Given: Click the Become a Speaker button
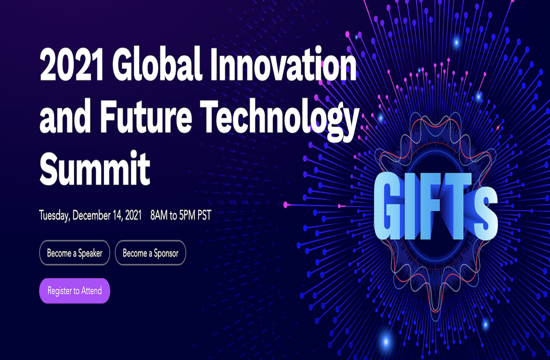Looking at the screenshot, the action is (75, 253).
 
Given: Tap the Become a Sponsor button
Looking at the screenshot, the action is (150, 253).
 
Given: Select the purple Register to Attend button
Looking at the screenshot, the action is (75, 291).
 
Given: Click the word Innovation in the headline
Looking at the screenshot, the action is (283, 64).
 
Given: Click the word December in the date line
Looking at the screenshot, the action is (91, 215).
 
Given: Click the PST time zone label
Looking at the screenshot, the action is (204, 215).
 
